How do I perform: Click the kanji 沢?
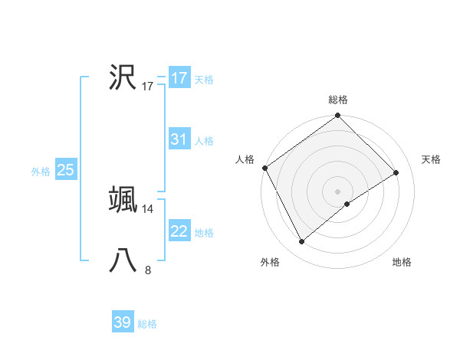coord(123,77)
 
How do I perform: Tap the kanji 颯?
coord(123,199)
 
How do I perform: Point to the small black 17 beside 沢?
coord(148,87)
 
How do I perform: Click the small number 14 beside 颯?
coord(148,208)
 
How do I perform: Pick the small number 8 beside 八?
coord(148,270)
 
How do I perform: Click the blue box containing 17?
coord(179,78)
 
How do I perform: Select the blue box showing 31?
coord(179,139)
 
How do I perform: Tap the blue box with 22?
coord(179,231)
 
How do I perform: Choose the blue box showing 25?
coord(65,170)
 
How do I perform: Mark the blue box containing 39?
coord(123,322)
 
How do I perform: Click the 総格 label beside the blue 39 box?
coord(147,324)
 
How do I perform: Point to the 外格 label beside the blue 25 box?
coord(41,172)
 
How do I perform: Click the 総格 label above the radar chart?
coord(338,100)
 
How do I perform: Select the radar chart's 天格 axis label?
coord(432,159)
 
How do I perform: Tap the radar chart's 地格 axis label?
coord(402,263)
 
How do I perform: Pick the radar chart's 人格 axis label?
coord(245,159)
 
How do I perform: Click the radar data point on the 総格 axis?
coord(338,116)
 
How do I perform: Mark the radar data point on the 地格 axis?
coord(347,204)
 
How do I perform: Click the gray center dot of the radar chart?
coord(338,191)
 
